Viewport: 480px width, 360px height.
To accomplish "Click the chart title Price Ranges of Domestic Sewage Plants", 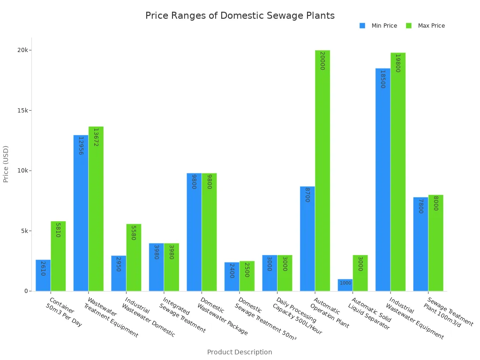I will [x=240, y=15].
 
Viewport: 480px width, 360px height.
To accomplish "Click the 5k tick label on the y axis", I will [x=24, y=231].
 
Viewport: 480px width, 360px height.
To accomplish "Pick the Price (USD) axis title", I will [x=6, y=164].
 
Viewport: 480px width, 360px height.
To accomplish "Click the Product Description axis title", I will [x=240, y=352].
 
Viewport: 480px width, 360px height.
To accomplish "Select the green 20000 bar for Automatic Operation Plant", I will [x=322, y=171].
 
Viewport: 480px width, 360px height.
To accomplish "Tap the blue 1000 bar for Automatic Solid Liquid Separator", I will [x=345, y=285].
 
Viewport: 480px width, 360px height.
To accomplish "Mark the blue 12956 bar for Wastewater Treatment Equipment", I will [x=81, y=213].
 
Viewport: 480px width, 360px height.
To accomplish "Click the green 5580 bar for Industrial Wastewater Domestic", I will [x=134, y=257].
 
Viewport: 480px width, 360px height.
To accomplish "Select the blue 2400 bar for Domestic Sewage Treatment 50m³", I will [x=232, y=277].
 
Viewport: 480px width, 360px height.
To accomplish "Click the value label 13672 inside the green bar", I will [x=96, y=137].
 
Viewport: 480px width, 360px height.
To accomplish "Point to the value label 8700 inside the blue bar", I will [x=307, y=195].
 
